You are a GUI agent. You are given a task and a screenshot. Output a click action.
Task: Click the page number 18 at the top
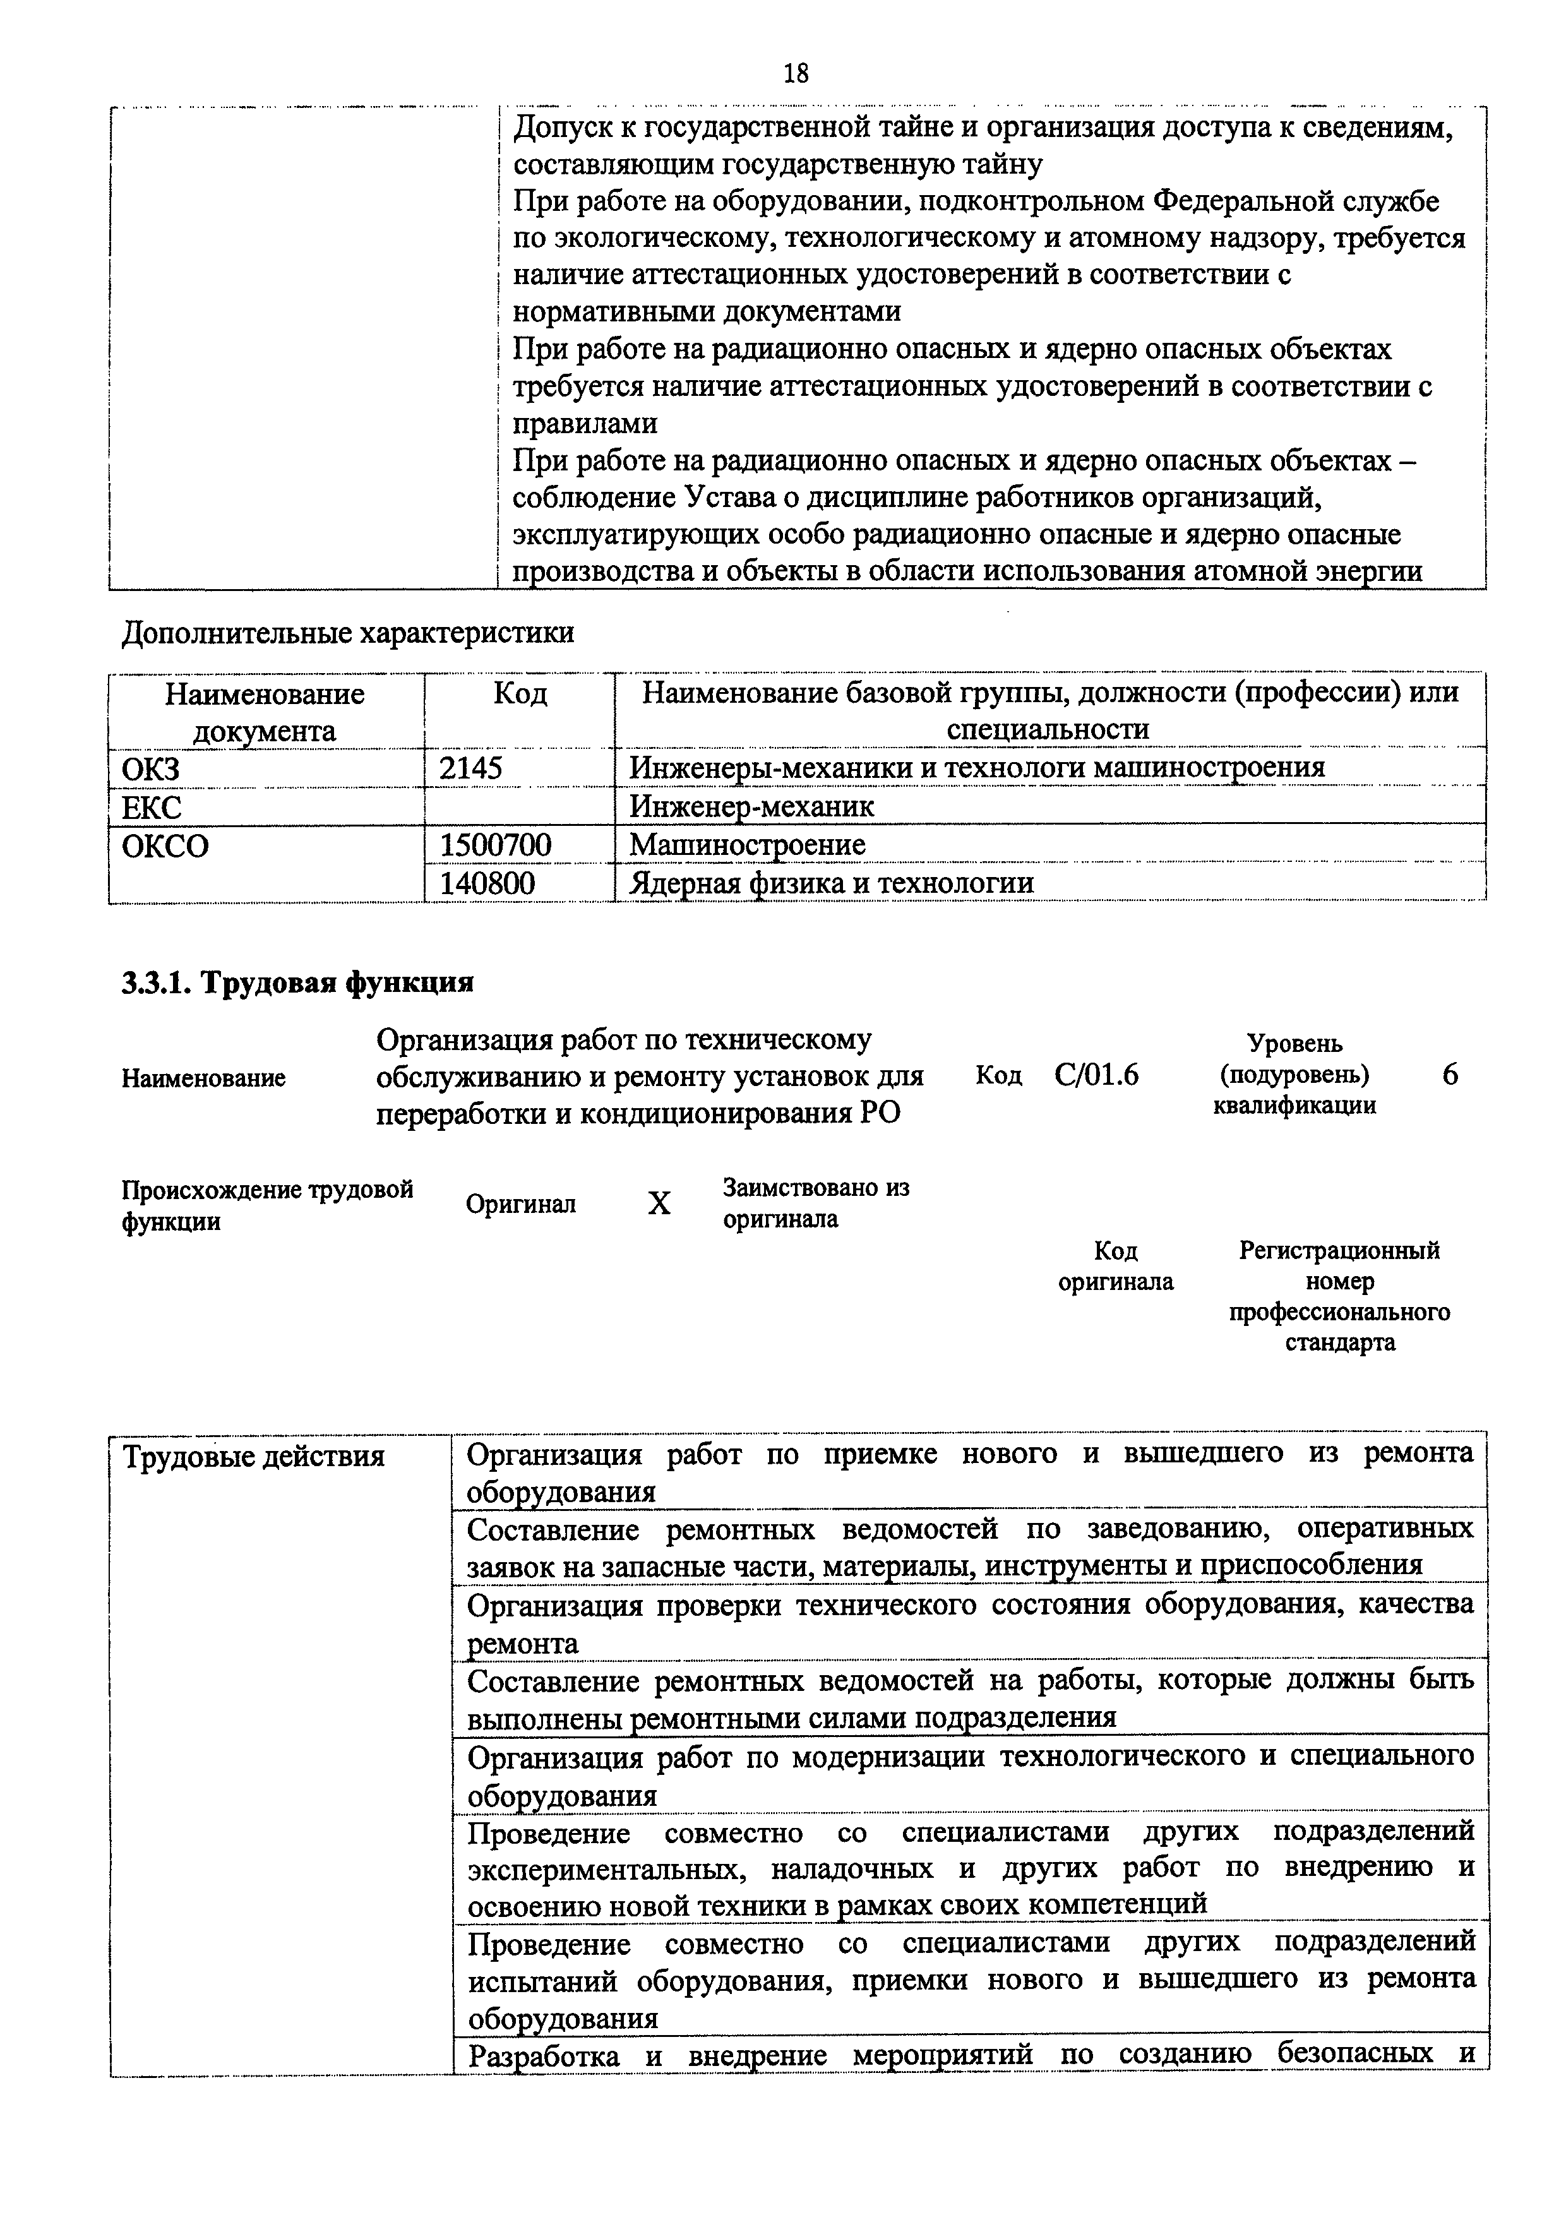pos(796,73)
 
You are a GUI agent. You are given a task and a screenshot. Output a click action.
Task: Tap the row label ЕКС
pos(152,806)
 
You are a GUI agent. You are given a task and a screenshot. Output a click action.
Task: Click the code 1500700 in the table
pos(495,845)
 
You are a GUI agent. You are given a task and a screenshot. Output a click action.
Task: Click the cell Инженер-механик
pos(751,806)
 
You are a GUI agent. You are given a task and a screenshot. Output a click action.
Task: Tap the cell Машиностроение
pos(747,845)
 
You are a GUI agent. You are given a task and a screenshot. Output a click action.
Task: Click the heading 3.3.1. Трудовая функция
pos(297,983)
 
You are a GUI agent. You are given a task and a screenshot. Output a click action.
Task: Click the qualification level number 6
pos(1449,1075)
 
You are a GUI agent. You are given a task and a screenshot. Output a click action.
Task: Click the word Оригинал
pos(520,1204)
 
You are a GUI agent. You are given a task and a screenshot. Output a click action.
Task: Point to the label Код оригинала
pos(1115,1266)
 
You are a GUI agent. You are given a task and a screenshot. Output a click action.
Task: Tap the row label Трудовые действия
pos(254,1457)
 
